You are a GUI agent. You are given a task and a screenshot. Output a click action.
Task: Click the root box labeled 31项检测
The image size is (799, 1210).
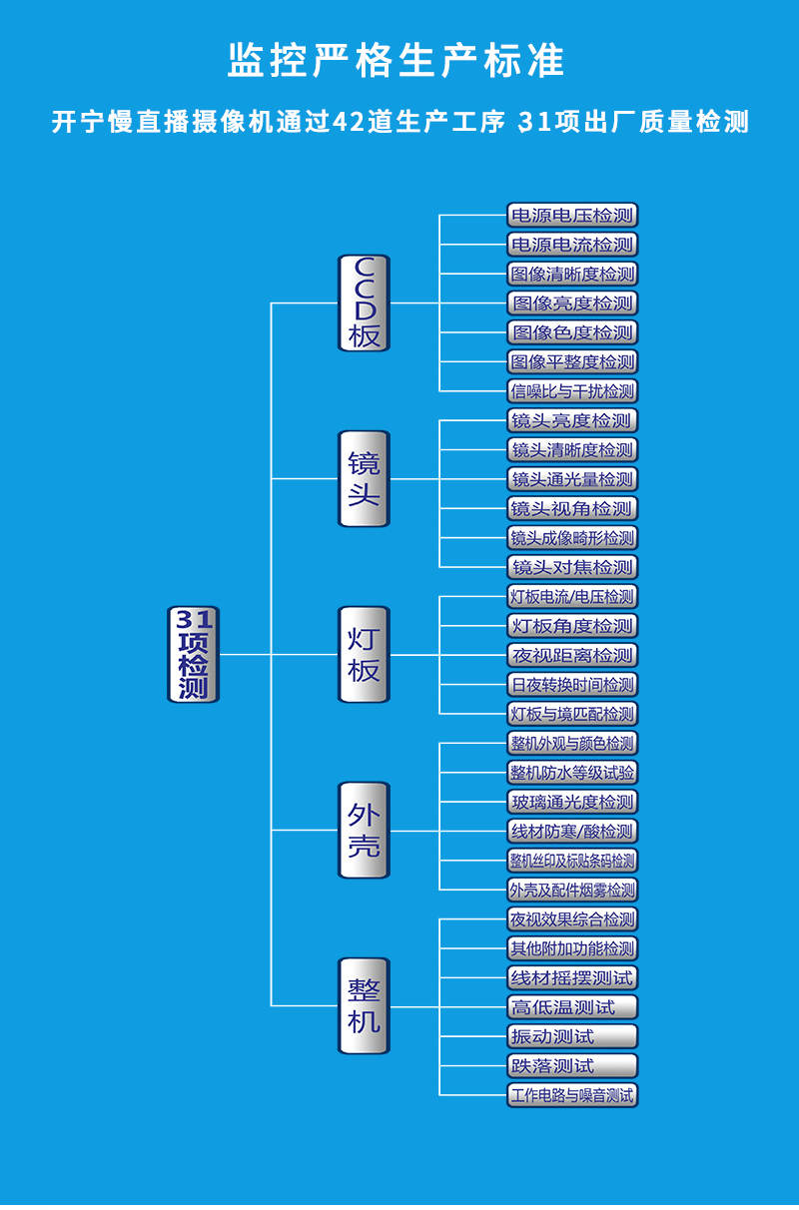pos(194,654)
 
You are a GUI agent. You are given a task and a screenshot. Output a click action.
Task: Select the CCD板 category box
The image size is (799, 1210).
pos(365,303)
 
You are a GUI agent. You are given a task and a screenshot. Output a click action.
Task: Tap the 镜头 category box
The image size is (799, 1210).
pos(365,478)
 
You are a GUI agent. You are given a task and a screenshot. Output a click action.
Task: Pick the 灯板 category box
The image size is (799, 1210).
pos(365,654)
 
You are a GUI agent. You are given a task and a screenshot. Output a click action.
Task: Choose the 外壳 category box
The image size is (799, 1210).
pos(365,831)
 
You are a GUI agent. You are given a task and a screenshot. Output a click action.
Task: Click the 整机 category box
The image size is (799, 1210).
pos(365,1005)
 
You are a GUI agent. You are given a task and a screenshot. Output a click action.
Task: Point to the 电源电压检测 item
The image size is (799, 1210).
pos(572,215)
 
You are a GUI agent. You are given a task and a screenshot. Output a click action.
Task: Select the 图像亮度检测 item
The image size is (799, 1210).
pos(572,303)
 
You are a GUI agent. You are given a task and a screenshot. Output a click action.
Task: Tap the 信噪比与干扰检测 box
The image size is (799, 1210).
pos(572,391)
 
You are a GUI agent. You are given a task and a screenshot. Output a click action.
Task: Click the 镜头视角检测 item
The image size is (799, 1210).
pos(572,508)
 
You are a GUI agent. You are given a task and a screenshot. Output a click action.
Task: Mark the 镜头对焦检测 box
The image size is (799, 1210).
pos(572,567)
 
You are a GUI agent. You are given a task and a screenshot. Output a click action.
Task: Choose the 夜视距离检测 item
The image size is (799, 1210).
pos(572,655)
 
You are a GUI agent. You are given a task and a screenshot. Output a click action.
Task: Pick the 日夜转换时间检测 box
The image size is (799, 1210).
pos(572,685)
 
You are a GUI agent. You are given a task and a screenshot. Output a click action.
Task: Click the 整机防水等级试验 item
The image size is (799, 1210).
pos(572,773)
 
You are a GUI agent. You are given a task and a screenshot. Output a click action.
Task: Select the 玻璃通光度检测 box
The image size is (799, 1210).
pos(572,802)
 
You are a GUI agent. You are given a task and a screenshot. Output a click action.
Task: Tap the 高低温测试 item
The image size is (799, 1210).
pos(572,1007)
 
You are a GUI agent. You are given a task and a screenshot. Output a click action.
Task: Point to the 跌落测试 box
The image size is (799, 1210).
pos(572,1066)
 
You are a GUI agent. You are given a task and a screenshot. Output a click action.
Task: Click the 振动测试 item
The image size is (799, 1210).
pos(572,1036)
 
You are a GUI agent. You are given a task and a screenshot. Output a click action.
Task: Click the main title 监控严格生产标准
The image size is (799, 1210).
pos(396,60)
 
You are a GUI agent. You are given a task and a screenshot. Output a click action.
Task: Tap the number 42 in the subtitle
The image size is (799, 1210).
pos(349,122)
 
